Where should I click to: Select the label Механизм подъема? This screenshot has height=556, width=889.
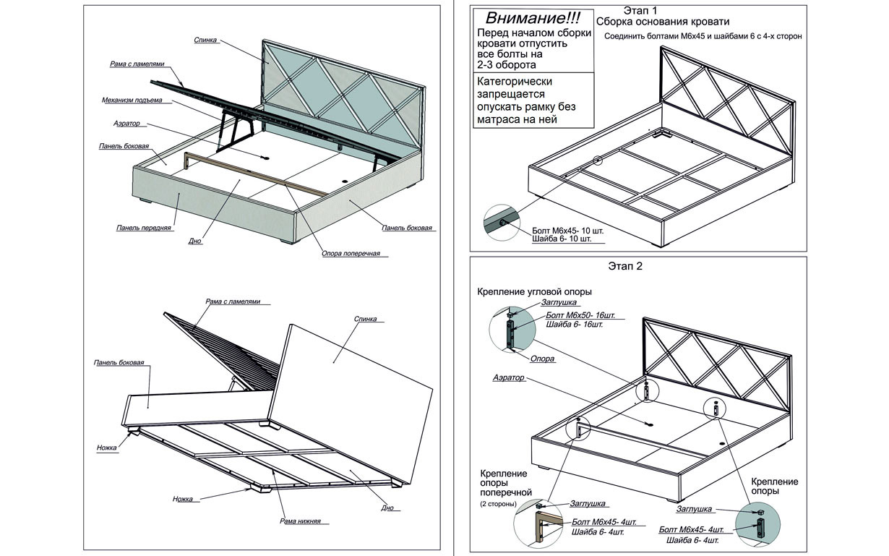(x=133, y=99)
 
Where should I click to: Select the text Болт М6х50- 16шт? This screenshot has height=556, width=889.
(x=580, y=315)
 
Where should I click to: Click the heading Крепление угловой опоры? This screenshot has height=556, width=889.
(x=534, y=291)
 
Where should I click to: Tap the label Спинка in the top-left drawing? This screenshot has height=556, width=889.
(x=206, y=40)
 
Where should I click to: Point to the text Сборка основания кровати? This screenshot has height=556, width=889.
(x=663, y=22)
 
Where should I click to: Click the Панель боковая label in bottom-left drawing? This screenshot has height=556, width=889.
(x=119, y=362)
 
